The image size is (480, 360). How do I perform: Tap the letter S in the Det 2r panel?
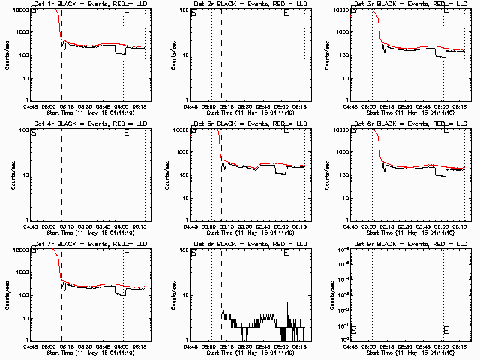pos(193,13)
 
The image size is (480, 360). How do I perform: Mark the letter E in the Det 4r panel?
pos(126,133)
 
